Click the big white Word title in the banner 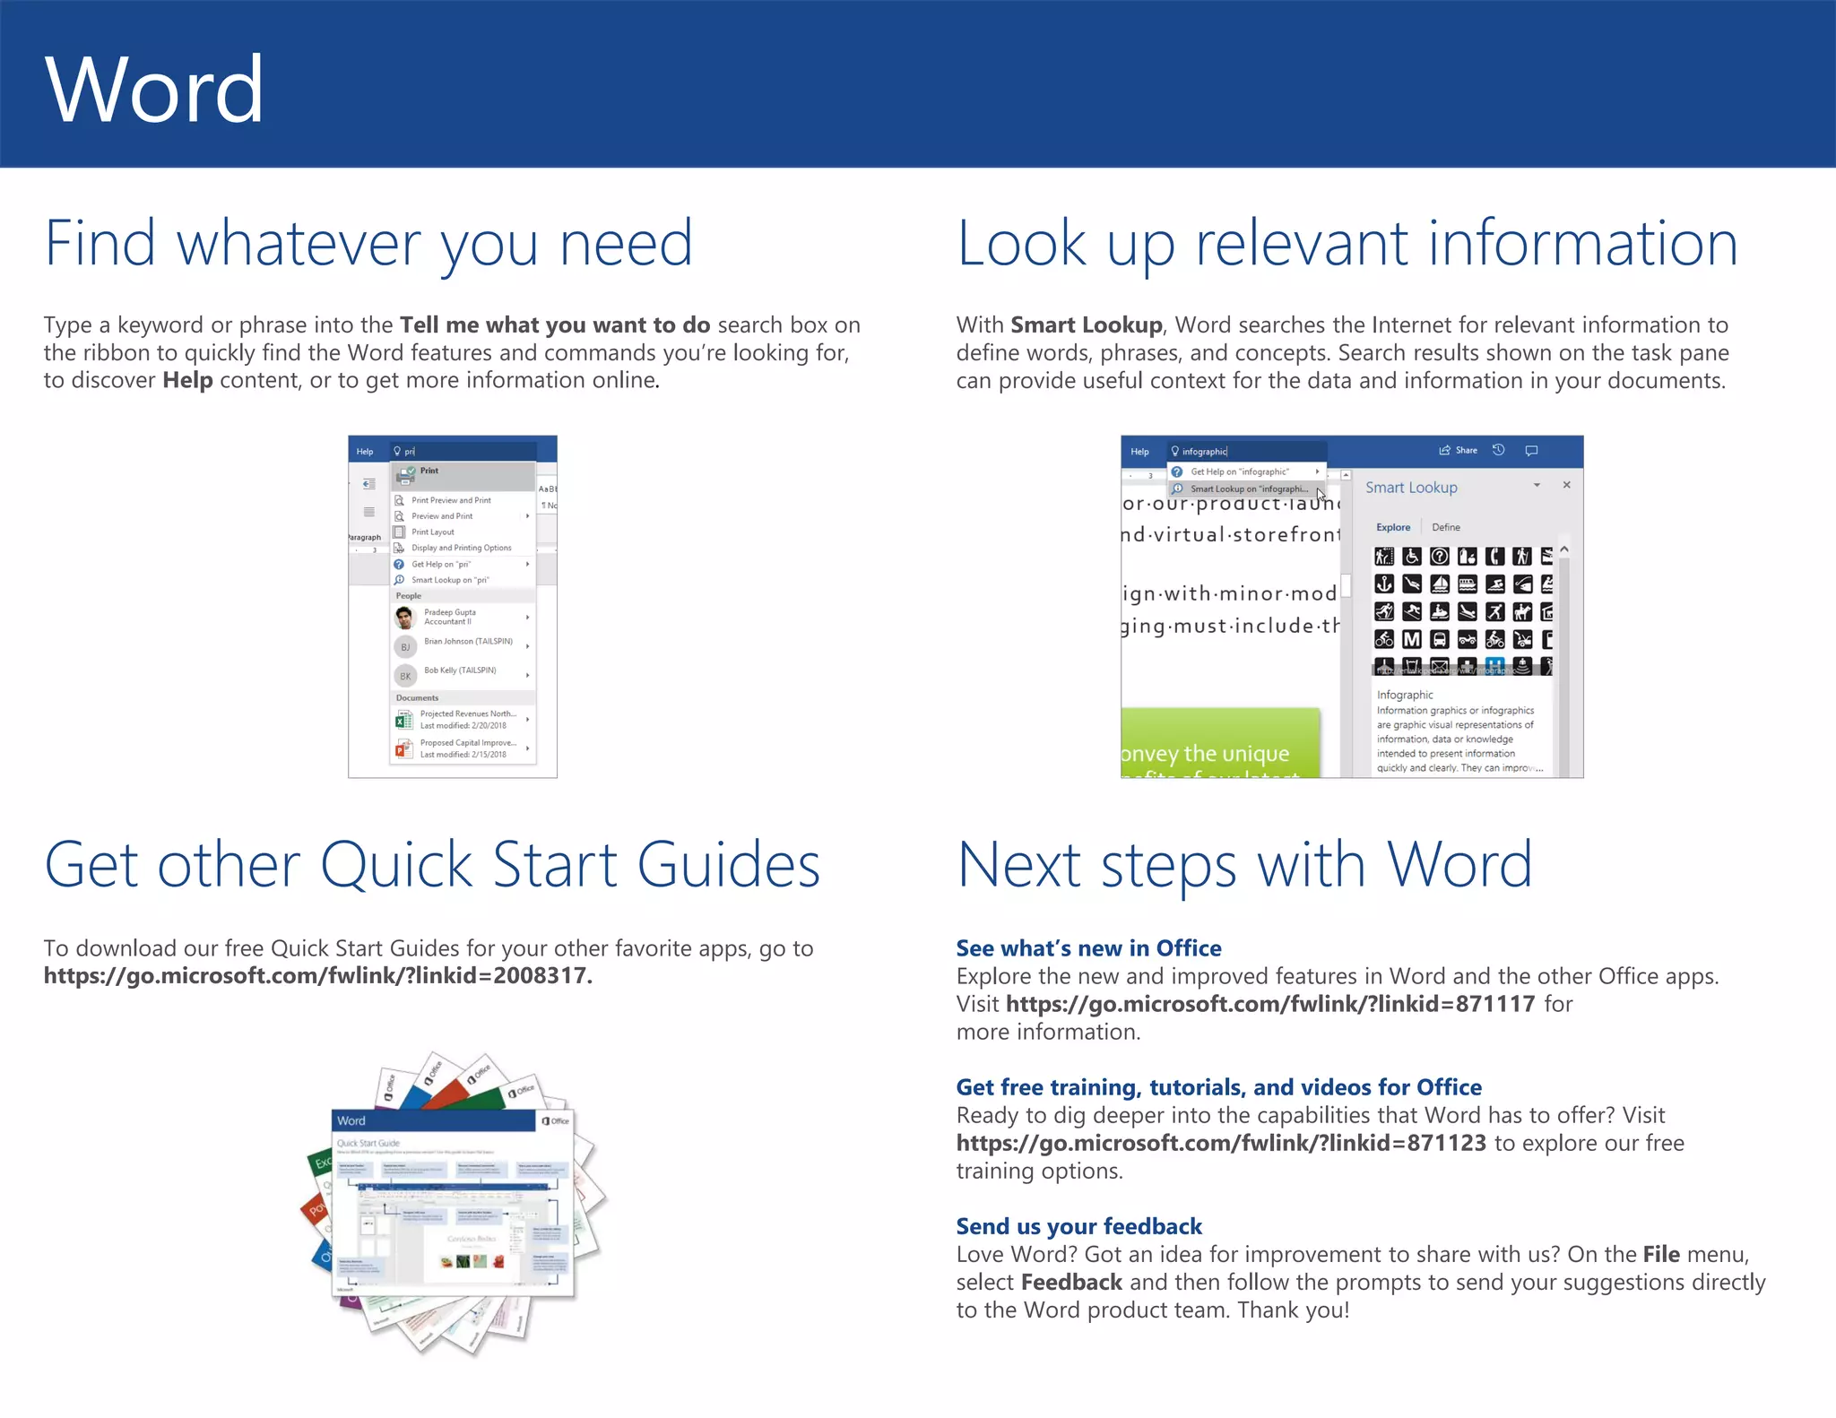pos(154,90)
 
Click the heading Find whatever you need pos(368,244)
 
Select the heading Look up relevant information pos(1347,244)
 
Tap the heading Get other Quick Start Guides pos(432,865)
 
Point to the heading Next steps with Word pos(1244,865)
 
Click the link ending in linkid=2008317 pos(317,976)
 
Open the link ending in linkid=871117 pos(1270,1004)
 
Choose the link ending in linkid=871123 pos(1221,1143)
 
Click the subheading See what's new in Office pos(1088,948)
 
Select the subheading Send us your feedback pos(1078,1226)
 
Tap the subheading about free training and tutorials pos(1218,1087)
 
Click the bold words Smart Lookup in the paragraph pos(1086,324)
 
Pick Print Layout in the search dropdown pos(432,532)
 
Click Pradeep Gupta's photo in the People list pos(405,618)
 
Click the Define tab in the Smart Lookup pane pos(1445,528)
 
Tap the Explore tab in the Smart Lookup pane pos(1393,528)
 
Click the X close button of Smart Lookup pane pos(1566,485)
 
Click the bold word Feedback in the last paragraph pos(1071,1283)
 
